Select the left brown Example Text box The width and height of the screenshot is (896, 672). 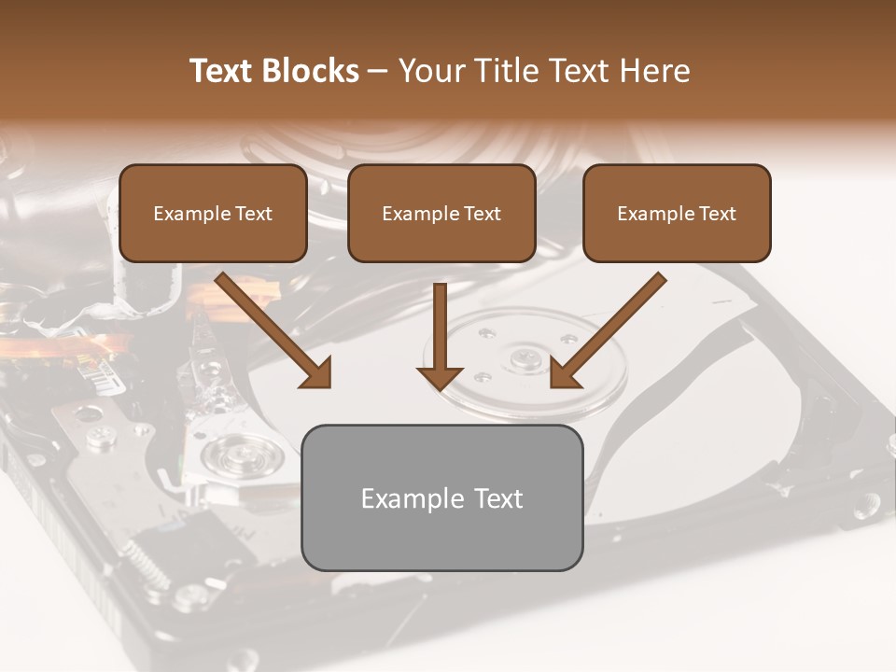[x=213, y=214]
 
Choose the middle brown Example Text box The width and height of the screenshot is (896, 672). [x=441, y=214]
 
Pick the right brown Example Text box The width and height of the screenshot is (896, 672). [x=677, y=214]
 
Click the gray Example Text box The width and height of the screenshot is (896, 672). [x=442, y=497]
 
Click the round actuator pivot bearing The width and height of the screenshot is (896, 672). [x=230, y=457]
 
